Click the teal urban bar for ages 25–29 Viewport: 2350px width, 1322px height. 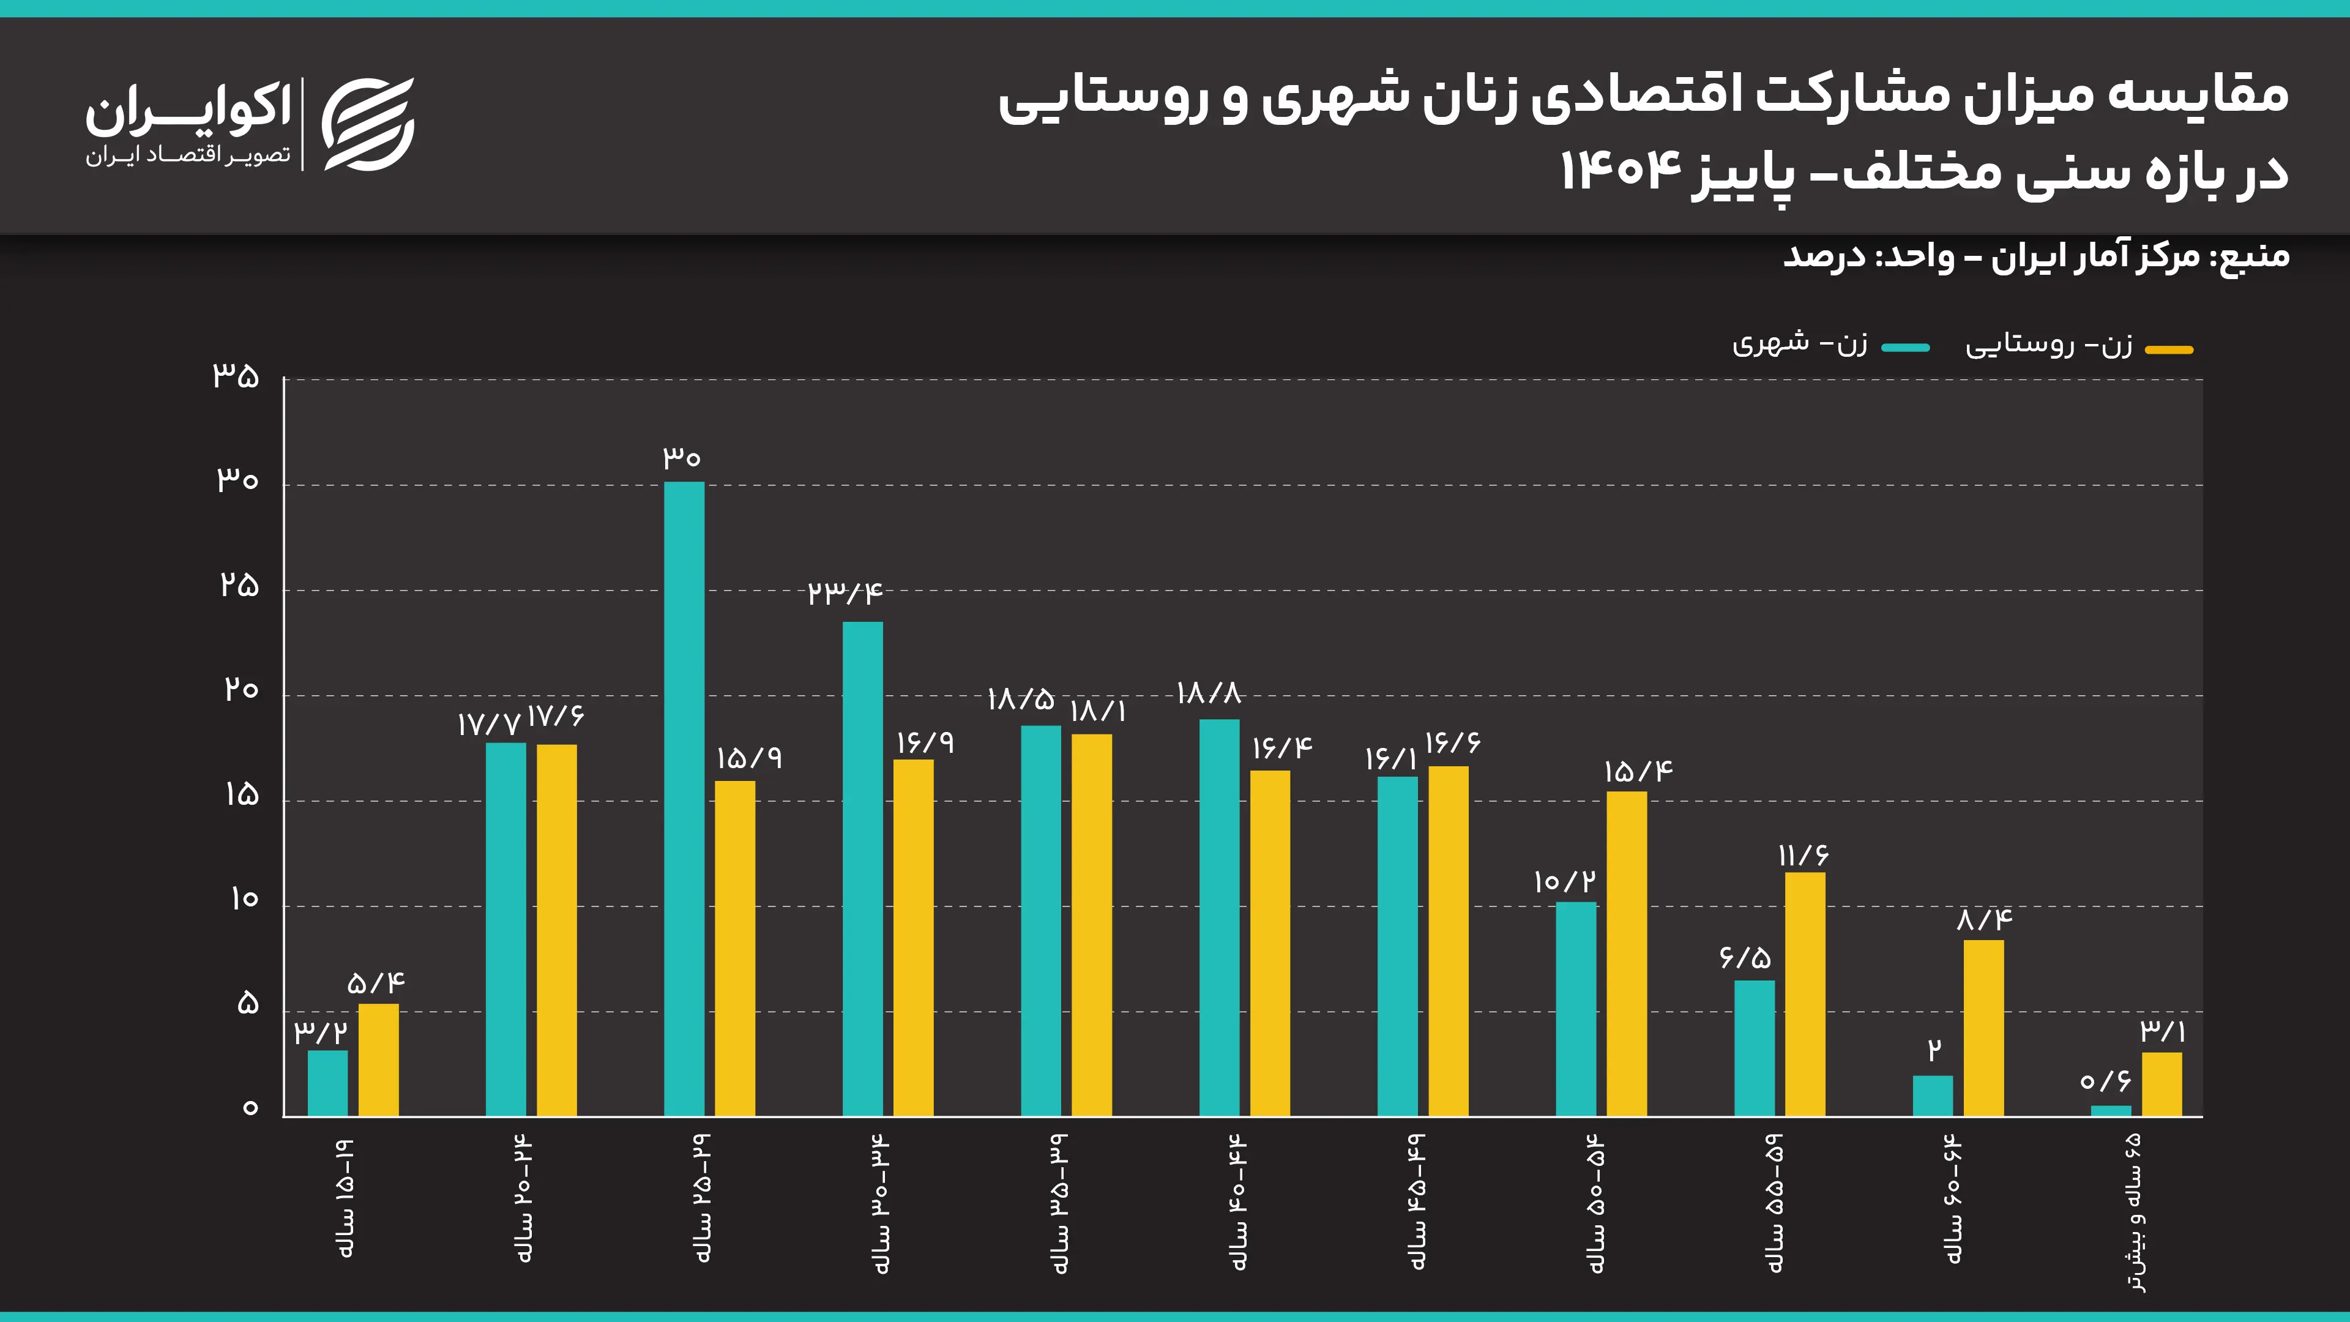tap(684, 798)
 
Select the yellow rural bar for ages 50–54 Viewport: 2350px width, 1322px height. tap(1627, 954)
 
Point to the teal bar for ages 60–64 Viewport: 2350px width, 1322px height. tap(1932, 1096)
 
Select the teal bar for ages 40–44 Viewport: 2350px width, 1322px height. tap(1219, 917)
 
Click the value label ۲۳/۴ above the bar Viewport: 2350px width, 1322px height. tap(845, 594)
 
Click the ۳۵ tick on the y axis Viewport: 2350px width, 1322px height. tap(236, 376)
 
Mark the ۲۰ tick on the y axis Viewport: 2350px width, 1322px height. tap(241, 690)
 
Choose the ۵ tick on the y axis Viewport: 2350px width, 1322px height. tap(247, 1004)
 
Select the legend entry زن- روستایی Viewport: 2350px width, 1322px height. tap(2049, 345)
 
